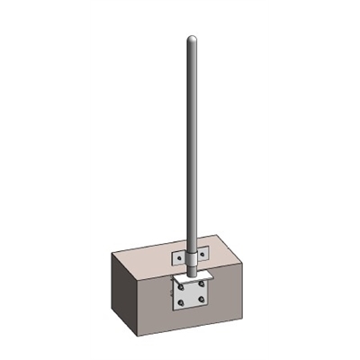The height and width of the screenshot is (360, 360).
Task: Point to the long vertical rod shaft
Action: (x=191, y=144)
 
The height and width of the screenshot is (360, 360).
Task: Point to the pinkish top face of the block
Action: (x=225, y=256)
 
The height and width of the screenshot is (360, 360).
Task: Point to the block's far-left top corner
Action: (x=112, y=256)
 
